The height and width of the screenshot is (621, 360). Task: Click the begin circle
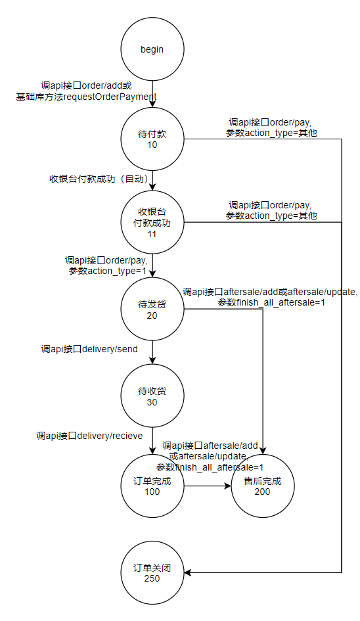152,49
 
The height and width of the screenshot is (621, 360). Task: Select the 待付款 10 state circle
152,139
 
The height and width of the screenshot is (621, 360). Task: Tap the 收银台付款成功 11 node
152,223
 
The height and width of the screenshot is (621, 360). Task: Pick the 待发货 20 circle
152,309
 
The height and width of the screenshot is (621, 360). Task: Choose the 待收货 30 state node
152,396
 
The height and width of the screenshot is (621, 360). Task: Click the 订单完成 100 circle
152,486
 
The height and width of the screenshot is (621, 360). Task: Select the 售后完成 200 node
263,486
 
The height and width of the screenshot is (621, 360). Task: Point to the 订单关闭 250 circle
152,572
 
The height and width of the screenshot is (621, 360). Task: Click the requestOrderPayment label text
110,97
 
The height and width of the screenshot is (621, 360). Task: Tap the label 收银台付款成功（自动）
99,179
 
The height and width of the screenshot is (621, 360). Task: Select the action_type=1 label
116,271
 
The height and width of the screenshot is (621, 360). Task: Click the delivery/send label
109,349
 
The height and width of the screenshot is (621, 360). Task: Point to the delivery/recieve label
110,436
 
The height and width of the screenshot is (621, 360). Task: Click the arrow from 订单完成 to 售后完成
208,486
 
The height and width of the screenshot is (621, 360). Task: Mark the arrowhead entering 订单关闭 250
188,572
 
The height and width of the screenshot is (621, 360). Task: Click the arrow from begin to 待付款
152,94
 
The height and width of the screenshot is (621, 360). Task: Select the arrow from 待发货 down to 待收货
152,352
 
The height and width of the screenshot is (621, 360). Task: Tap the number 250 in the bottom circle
152,578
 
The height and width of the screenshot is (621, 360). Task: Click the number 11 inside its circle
152,234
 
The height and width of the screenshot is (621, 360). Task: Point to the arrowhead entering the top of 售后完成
263,451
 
